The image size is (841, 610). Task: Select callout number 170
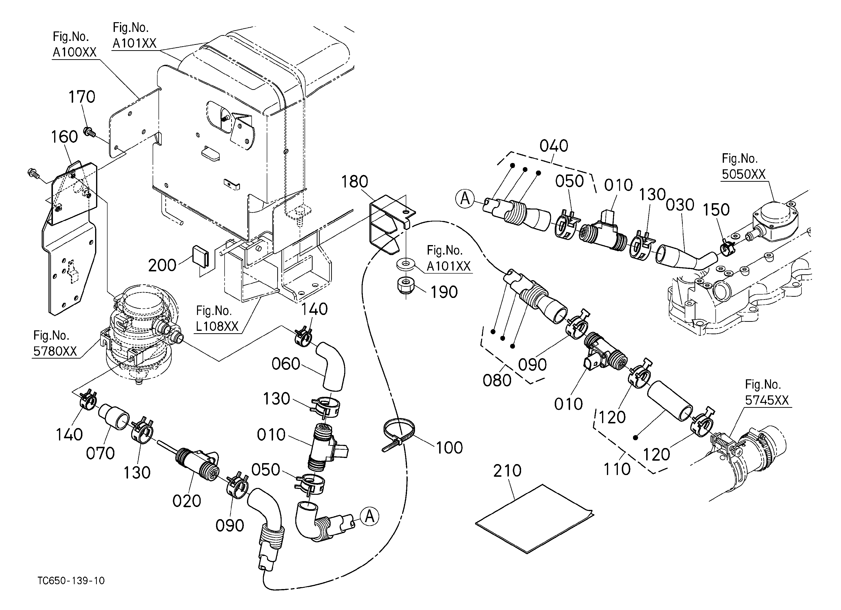[x=82, y=97]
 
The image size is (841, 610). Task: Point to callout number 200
[x=162, y=265]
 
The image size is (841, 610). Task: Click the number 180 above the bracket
[x=355, y=181]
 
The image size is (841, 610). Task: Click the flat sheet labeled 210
[x=534, y=518]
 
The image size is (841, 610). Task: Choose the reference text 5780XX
[x=55, y=351]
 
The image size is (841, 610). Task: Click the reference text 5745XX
[x=767, y=400]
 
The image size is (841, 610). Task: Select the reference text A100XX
[x=75, y=52]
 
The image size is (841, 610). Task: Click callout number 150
[x=716, y=210]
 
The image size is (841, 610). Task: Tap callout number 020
[x=187, y=501]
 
